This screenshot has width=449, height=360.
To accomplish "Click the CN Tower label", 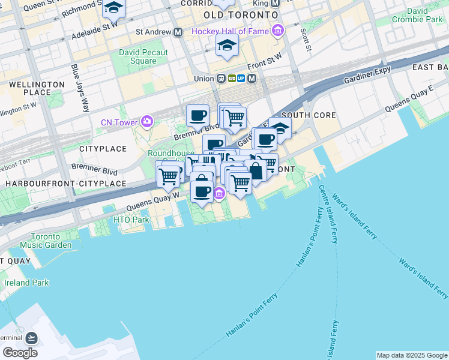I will (119, 123).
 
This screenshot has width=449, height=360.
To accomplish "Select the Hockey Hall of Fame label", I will (231, 31).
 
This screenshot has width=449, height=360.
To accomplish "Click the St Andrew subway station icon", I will (178, 32).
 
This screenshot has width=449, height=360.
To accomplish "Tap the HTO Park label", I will (131, 220).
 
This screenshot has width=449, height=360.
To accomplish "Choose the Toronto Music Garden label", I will (46, 240).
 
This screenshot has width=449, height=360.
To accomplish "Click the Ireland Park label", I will (26, 283).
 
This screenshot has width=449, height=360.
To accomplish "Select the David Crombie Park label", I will (425, 15).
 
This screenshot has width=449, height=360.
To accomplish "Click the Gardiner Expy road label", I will (367, 75).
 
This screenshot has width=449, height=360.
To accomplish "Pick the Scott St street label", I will (307, 39).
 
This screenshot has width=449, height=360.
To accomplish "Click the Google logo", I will (20, 352).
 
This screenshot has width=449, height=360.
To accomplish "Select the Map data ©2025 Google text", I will (412, 355).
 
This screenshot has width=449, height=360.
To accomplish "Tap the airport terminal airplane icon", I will (31, 339).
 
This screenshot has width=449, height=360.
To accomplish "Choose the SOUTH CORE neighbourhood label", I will (304, 115).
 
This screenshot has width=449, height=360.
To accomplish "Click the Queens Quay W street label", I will (152, 202).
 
